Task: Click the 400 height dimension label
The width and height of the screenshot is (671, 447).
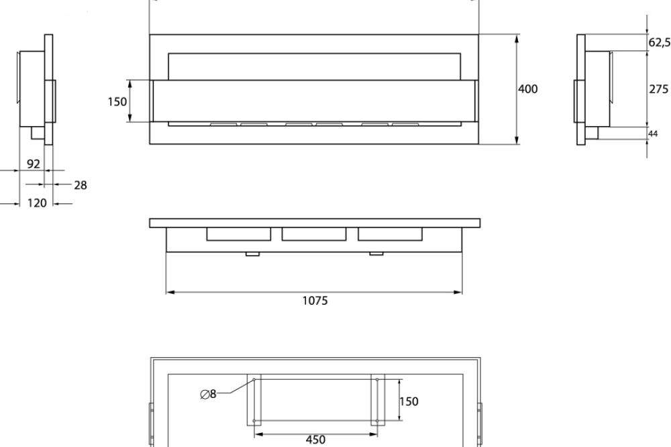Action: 528,89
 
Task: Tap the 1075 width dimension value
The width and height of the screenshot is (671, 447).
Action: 315,301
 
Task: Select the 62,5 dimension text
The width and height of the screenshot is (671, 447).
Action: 660,42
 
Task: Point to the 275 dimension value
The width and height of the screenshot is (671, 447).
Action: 659,89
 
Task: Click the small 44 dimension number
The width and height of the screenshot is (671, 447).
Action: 654,134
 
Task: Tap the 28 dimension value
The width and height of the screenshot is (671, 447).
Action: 80,185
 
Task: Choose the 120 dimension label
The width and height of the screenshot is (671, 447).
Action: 37,203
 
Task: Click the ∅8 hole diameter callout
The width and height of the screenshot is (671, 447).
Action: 209,395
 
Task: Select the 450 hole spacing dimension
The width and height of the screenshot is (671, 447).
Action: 315,440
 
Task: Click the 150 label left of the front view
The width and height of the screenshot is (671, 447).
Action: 117,102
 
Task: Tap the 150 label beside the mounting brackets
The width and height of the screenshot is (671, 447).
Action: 409,401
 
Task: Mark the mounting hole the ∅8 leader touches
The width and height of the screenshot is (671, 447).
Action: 254,381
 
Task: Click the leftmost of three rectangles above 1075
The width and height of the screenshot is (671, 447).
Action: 238,234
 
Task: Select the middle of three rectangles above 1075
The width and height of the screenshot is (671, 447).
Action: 314,234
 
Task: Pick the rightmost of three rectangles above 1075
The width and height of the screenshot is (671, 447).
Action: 390,234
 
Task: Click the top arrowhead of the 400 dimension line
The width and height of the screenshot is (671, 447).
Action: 517,38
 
